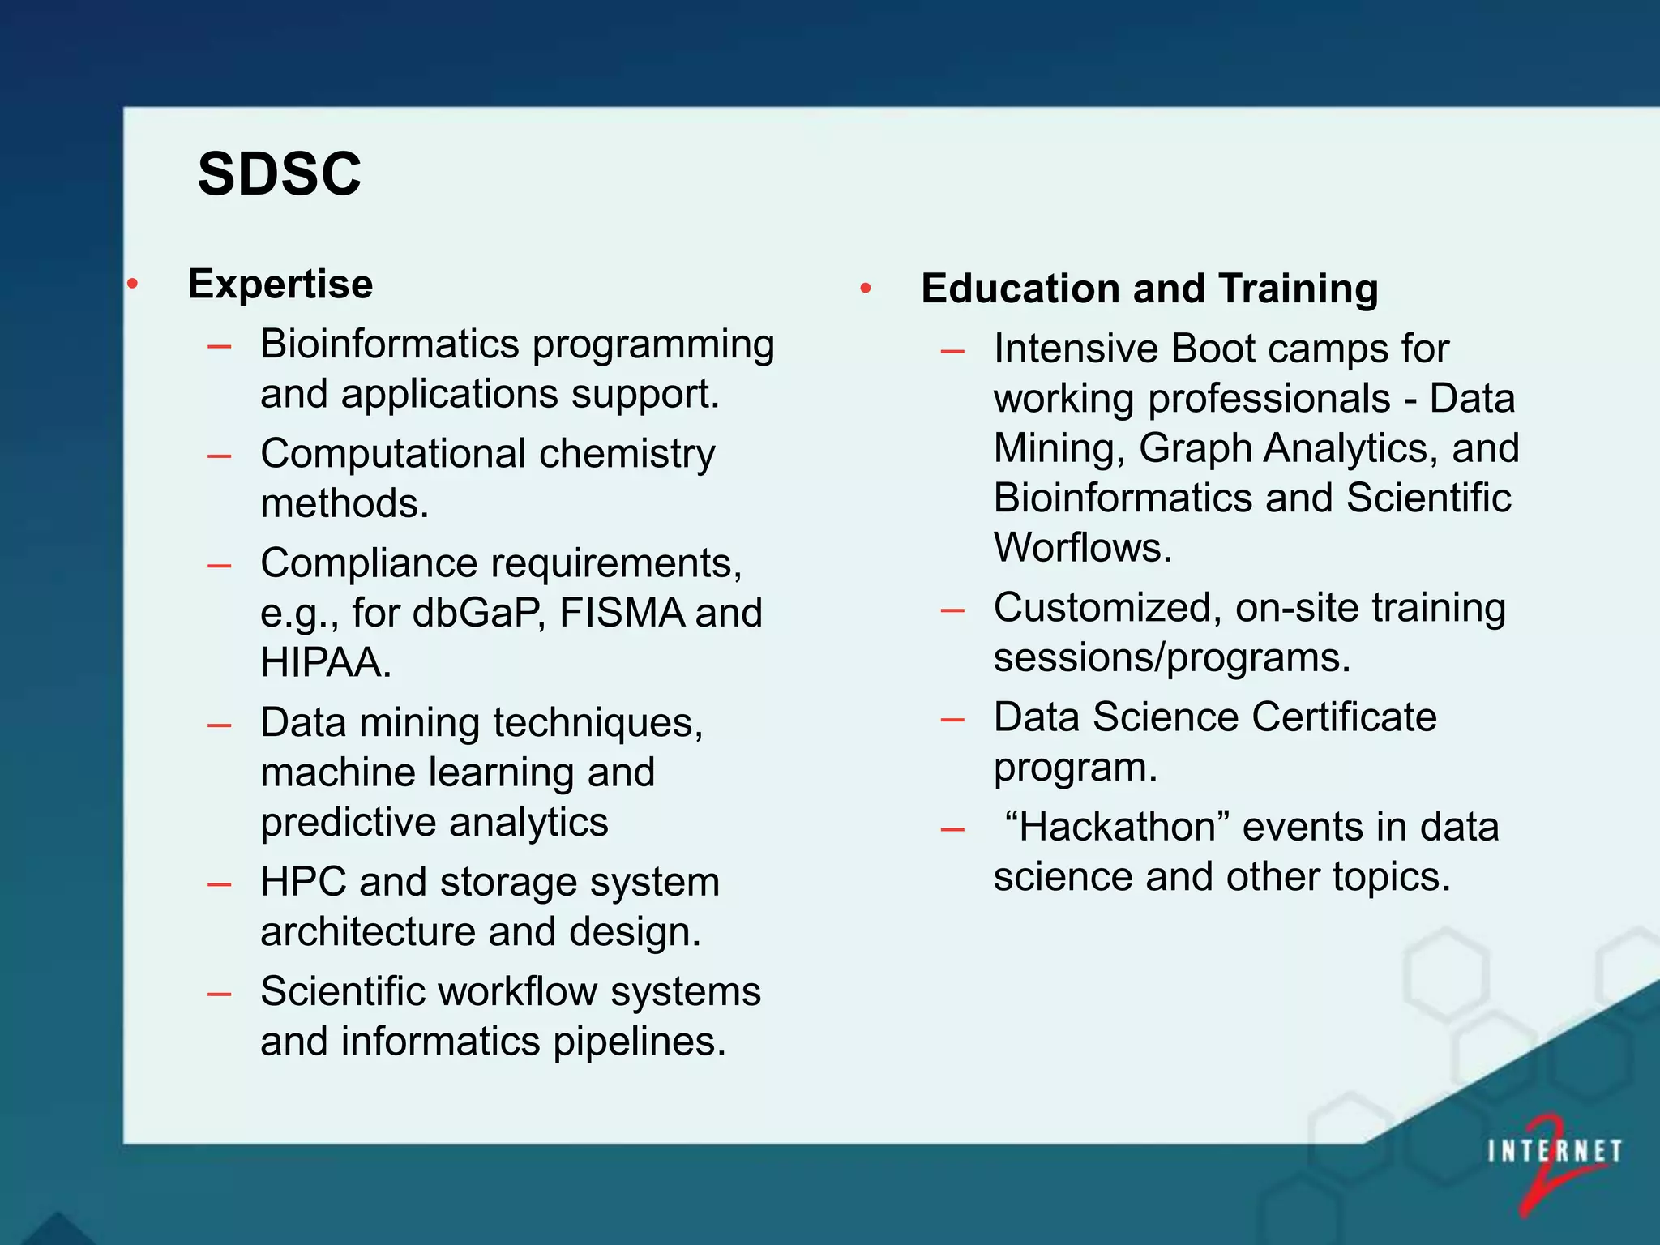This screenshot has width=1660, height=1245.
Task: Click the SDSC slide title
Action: coord(279,173)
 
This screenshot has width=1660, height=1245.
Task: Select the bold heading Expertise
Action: coord(280,284)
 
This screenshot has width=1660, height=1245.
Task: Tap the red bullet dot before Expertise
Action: coord(133,284)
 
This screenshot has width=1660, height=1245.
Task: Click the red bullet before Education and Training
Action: coord(866,288)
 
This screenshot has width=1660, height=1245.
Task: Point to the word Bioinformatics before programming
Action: coord(390,344)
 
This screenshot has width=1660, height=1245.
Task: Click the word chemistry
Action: coord(627,454)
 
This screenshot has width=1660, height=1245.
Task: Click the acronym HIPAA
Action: coord(325,662)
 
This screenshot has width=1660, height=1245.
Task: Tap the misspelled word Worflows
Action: coord(1082,548)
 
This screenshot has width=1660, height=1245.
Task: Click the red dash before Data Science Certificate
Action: coord(952,719)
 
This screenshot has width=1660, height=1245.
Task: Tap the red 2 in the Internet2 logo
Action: coord(1544,1167)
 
